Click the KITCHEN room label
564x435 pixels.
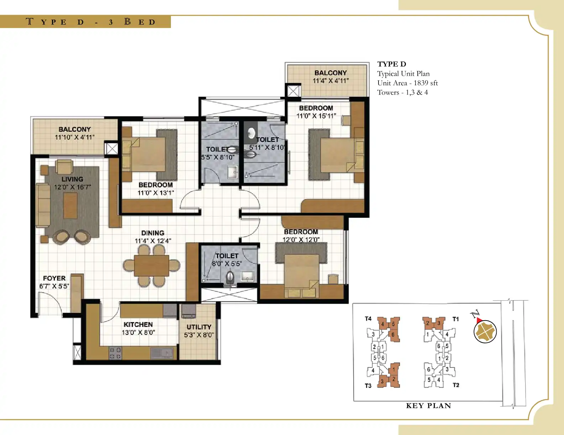click(138, 324)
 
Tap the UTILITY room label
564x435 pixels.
click(199, 327)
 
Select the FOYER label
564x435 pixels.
click(54, 278)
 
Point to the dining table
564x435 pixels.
click(152, 266)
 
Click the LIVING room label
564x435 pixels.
click(72, 179)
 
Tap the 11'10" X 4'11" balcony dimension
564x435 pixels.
click(74, 137)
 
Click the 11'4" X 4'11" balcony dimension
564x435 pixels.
click(331, 81)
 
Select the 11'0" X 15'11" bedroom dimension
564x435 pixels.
click(316, 116)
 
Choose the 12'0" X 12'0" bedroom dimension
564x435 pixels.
click(301, 240)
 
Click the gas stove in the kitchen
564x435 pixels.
click(115, 353)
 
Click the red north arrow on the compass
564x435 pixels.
click(478, 320)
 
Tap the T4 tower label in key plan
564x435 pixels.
click(368, 319)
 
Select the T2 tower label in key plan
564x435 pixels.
click(456, 385)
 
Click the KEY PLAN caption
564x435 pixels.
click(428, 406)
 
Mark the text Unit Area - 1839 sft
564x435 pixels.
click(407, 83)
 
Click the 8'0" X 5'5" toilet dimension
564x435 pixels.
click(227, 264)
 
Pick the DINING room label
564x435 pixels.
click(153, 233)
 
